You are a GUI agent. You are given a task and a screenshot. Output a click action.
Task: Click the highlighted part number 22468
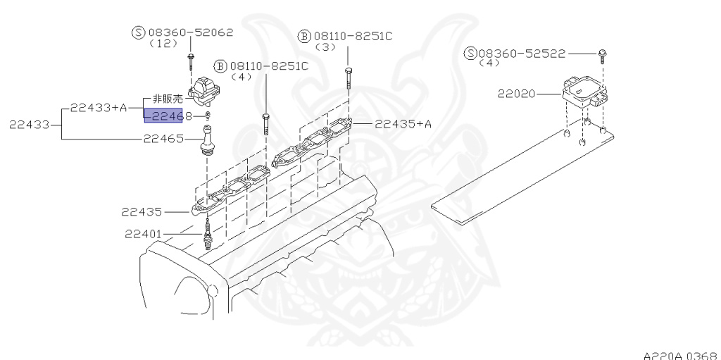[163, 116]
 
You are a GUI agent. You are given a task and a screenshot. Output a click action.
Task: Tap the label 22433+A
[98, 108]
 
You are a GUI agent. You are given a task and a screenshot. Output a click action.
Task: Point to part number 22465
[163, 139]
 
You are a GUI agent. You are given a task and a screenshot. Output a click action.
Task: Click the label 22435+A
[403, 124]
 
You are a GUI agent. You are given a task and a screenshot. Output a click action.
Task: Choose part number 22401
[144, 234]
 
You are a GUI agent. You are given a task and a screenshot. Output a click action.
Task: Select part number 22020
[517, 93]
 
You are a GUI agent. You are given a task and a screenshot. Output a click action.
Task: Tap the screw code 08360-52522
[522, 54]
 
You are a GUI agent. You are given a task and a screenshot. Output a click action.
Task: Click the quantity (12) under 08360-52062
[160, 43]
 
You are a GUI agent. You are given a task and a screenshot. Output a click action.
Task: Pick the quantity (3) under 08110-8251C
[325, 46]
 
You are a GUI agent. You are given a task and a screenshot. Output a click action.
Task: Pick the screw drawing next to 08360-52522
[603, 54]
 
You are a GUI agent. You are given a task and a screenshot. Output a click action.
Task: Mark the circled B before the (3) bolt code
[303, 36]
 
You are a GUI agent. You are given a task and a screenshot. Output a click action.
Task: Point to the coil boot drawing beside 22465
[208, 139]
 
